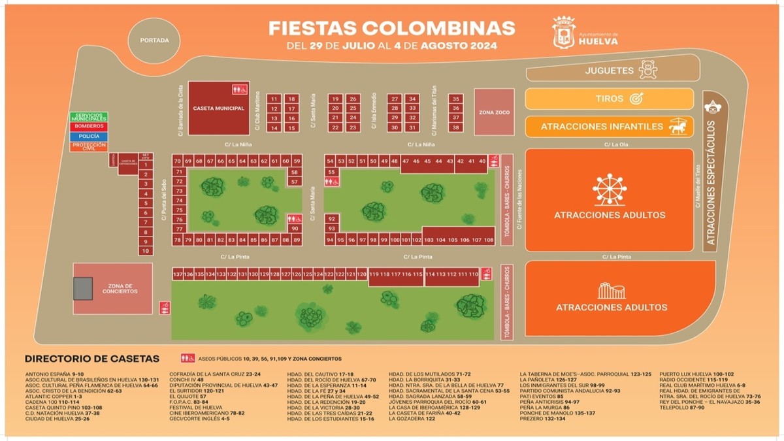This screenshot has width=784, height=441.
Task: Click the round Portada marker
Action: (x=154, y=41)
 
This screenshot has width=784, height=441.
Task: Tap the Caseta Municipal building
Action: (x=219, y=108)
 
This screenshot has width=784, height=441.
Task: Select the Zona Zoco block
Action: (x=494, y=112)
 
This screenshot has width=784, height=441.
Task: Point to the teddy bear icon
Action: (x=647, y=70)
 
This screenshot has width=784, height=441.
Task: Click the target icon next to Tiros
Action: (x=636, y=99)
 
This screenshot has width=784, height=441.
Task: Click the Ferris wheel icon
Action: (x=609, y=189)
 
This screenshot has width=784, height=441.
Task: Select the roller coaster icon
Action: (x=612, y=291)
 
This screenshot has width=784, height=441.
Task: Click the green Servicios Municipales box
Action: (x=89, y=118)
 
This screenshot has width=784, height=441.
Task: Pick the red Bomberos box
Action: (x=89, y=126)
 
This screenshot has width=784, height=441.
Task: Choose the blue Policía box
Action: (x=89, y=136)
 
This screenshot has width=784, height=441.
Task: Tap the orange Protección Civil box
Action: (x=89, y=146)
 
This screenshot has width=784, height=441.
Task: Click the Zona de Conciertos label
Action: (x=120, y=289)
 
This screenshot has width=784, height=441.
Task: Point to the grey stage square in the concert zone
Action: (x=83, y=288)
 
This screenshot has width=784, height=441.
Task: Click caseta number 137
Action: (x=178, y=274)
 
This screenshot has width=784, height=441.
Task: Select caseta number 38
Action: (x=455, y=127)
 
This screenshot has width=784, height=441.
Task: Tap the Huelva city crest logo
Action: (x=564, y=33)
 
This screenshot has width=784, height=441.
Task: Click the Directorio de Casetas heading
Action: (x=91, y=359)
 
